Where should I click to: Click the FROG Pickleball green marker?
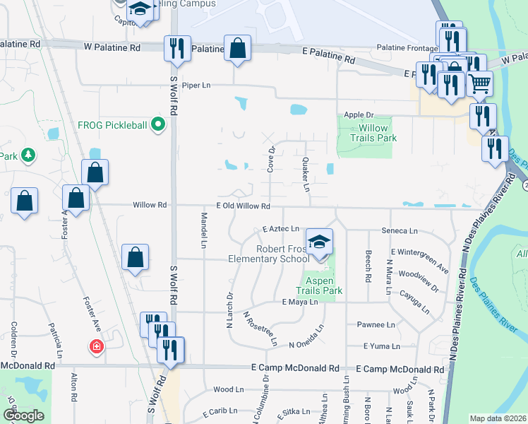158,126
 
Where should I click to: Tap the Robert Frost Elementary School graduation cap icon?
320,241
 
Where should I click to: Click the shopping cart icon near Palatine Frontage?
479,84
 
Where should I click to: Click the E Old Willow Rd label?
238,206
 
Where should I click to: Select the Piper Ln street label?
196,86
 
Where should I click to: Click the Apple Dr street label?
358,114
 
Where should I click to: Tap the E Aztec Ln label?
281,229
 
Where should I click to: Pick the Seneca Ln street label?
400,231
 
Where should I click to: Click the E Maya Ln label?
300,302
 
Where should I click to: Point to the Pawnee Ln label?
376,324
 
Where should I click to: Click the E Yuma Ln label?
381,346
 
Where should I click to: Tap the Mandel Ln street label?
203,230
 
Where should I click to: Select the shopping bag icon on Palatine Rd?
238,49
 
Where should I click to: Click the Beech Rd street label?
368,266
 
